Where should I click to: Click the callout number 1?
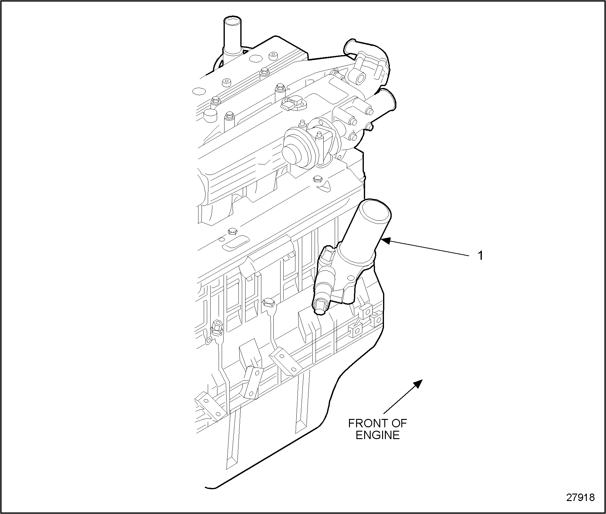(480, 256)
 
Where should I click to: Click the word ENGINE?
(378, 435)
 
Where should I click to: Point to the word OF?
(398, 423)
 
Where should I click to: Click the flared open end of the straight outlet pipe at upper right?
(390, 100)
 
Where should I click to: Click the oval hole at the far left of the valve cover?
(199, 92)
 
